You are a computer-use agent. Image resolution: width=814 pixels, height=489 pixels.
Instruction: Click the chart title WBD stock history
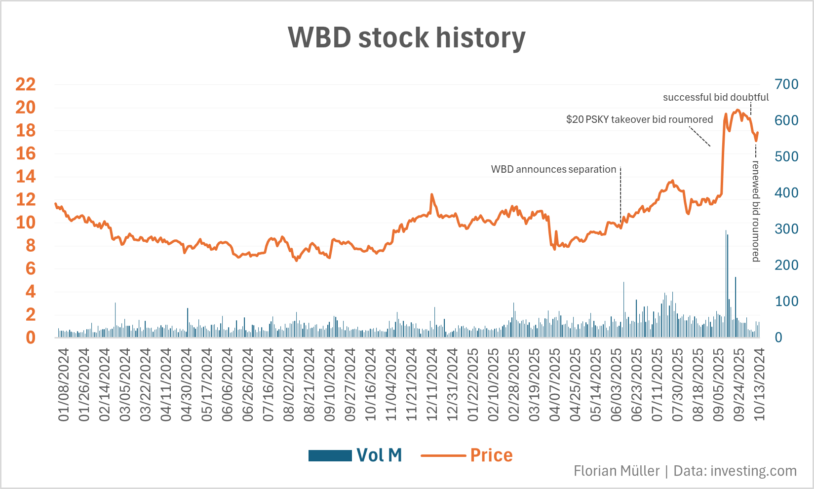click(407, 38)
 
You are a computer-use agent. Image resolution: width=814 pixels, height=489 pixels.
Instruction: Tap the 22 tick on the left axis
click(26, 84)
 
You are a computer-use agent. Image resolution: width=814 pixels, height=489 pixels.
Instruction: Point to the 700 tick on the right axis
click(786, 84)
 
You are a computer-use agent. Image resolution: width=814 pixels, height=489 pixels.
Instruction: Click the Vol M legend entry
click(355, 455)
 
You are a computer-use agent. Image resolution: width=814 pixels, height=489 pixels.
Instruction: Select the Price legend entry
click(466, 455)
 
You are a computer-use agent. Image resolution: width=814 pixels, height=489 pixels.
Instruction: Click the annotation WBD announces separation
click(553, 169)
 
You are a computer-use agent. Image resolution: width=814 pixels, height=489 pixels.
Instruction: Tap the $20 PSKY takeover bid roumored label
click(639, 119)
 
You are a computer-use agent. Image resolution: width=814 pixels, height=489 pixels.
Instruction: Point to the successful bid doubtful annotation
click(715, 97)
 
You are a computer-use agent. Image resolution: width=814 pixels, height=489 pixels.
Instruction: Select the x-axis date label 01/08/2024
click(64, 385)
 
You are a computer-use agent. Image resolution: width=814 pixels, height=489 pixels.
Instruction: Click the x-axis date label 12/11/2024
click(432, 385)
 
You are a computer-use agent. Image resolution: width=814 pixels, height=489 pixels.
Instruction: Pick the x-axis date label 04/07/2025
click(555, 385)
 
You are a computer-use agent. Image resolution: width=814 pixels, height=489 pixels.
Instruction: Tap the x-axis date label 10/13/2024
click(759, 385)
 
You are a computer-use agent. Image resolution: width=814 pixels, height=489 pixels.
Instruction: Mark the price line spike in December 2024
click(432, 195)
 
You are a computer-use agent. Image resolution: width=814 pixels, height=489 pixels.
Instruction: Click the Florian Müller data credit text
click(685, 471)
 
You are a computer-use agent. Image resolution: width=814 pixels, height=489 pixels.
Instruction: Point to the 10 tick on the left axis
click(26, 223)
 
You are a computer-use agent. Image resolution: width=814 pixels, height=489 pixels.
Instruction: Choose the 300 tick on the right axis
click(786, 229)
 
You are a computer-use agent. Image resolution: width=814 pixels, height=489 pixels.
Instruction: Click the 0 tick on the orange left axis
click(31, 338)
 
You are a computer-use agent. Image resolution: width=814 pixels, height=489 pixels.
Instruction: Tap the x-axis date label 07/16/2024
click(268, 385)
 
